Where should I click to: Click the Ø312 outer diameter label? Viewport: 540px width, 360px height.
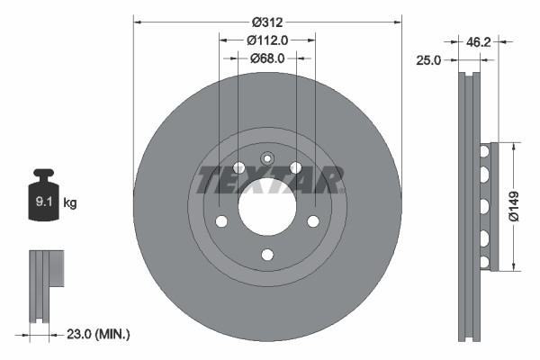coord(267,21)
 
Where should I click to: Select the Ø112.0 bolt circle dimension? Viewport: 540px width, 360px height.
coord(267,39)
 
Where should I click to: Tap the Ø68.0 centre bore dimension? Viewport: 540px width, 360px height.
coord(267,58)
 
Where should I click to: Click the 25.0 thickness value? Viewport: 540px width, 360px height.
coord(428,60)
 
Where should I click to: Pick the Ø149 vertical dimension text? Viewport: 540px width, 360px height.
coord(513,205)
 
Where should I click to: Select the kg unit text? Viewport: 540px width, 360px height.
coord(70,204)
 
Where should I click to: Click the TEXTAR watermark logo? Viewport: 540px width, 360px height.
coord(267,180)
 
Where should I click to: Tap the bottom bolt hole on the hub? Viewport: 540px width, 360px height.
coord(266,255)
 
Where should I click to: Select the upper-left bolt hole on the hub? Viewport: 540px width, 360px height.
coord(238,168)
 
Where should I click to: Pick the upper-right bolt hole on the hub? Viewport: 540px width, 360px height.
coord(295,168)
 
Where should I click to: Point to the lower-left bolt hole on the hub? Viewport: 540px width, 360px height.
coord(220,221)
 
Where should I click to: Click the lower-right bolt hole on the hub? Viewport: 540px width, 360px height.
coord(313,221)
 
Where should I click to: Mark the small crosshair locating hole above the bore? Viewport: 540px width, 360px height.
coord(266,158)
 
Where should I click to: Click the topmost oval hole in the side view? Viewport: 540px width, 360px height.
coord(483,152)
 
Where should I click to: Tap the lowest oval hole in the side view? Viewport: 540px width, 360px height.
coord(483,261)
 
